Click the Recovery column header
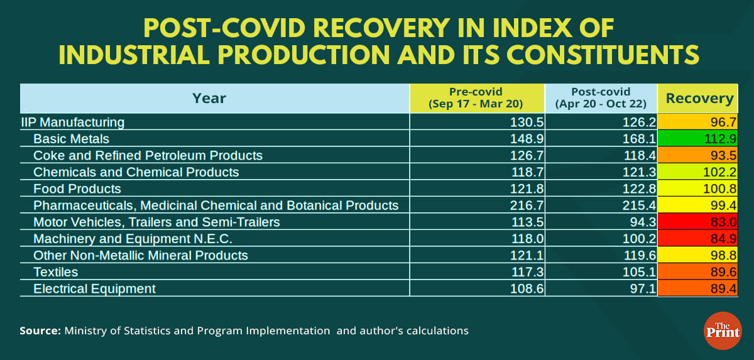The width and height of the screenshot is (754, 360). click(x=699, y=98)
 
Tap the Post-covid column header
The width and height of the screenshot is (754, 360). click(x=601, y=98)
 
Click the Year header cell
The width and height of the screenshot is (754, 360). click(x=209, y=98)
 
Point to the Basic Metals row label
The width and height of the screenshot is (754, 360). click(x=71, y=139)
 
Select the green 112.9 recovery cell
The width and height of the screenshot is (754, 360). click(x=700, y=139)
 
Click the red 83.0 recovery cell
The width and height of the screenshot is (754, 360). click(x=700, y=222)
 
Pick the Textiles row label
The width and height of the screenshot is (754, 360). click(x=56, y=272)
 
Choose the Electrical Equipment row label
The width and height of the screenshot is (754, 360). click(x=94, y=288)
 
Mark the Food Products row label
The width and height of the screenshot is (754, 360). click(x=77, y=188)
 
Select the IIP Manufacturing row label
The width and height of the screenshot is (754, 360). click(x=73, y=122)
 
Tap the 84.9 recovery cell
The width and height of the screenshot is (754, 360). click(x=700, y=239)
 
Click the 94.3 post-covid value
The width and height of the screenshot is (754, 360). click(x=638, y=222)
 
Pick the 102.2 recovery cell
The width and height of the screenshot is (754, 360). click(x=700, y=172)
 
